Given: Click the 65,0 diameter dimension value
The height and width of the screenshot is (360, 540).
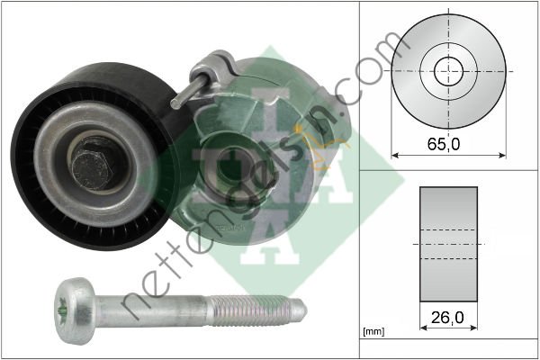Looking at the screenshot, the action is click(x=443, y=144).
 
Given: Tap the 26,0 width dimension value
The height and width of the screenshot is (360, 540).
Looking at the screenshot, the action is click(x=447, y=318).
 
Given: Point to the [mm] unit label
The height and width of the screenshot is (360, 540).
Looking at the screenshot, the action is click(x=373, y=332).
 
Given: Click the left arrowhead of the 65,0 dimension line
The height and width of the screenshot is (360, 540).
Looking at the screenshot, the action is click(x=395, y=156).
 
